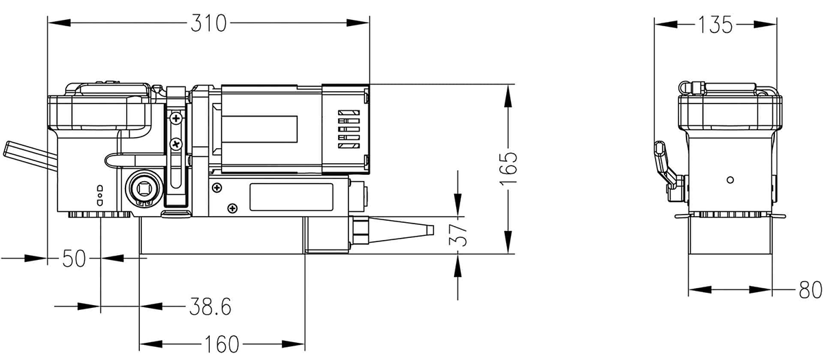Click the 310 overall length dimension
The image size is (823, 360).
click(x=208, y=23)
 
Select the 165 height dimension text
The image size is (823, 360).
click(x=509, y=169)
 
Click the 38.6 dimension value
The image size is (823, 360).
click(x=209, y=307)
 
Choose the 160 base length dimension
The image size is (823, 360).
click(x=222, y=343)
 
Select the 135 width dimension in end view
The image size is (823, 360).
click(x=716, y=25)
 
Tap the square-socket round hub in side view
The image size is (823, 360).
click(x=144, y=187)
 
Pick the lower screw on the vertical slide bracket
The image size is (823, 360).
click(x=176, y=144)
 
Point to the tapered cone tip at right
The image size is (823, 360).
click(x=405, y=228)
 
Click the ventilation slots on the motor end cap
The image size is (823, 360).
click(x=349, y=128)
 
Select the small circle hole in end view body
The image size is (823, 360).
click(x=730, y=180)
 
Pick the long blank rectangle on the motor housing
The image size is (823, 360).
click(x=261, y=128)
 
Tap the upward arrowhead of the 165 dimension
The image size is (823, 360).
click(x=508, y=95)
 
